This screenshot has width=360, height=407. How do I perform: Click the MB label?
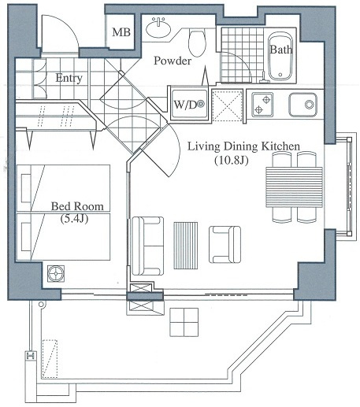click(121, 33)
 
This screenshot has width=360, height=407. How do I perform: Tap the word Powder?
click(172, 60)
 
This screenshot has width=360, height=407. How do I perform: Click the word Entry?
click(70, 78)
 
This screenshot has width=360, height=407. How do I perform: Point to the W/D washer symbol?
click(189, 103)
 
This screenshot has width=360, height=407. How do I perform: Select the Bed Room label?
click(77, 206)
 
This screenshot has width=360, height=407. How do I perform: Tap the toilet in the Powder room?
click(198, 39)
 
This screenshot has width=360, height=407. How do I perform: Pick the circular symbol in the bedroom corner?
click(57, 273)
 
